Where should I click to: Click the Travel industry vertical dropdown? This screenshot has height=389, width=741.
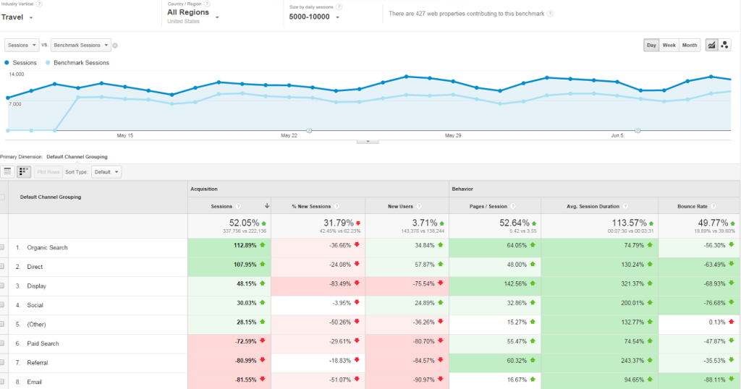coord(17,16)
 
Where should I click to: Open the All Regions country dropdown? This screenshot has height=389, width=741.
coord(192,13)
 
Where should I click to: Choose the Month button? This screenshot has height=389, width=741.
coord(690,45)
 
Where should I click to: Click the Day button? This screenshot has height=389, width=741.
coord(651,45)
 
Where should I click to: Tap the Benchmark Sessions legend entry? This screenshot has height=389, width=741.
coord(81,63)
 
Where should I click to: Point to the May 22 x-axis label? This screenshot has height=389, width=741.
coord(289,135)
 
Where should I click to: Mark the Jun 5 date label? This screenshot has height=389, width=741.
coord(617,135)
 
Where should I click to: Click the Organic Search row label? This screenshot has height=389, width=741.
coord(47,247)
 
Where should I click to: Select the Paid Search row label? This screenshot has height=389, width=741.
coord(43,343)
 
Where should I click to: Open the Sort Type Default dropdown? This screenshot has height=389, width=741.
coord(106,172)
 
